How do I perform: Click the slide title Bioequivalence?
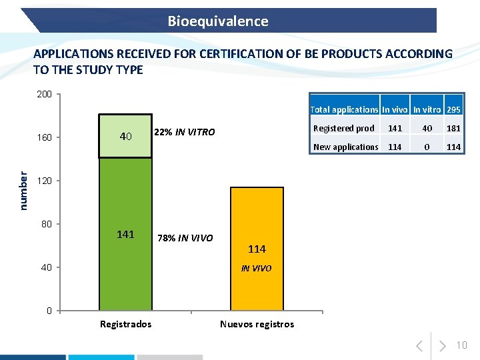218,21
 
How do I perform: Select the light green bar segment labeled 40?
125,136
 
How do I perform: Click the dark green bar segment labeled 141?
125,234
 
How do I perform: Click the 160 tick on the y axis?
44,137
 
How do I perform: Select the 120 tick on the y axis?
44,181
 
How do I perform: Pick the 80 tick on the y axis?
46,223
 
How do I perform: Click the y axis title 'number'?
23,191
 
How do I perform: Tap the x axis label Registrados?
125,324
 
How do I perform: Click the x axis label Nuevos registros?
257,324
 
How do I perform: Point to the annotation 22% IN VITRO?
185,132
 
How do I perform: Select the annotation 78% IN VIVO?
185,238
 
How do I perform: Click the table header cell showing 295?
454,109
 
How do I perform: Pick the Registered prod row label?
344,128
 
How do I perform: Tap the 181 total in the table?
454,128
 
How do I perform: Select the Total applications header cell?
345,109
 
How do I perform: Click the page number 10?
462,345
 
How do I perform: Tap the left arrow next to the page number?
419,345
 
